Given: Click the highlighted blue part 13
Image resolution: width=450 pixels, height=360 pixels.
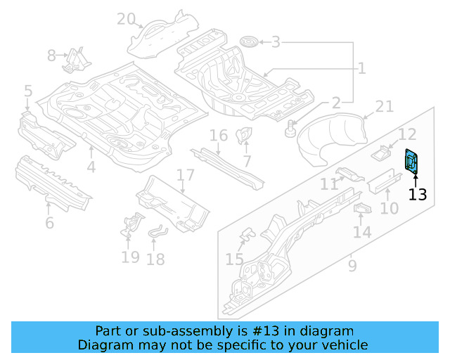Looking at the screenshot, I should (x=411, y=161).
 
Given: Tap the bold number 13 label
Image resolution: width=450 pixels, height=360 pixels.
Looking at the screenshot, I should (x=418, y=194).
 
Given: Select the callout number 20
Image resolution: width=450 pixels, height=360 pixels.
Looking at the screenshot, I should (x=126, y=19).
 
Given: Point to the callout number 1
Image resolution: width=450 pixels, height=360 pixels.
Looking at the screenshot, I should (x=361, y=68).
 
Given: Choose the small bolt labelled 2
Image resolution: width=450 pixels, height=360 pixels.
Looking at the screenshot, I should (x=290, y=129).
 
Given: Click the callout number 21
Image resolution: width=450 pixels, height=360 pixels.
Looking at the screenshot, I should (x=384, y=106).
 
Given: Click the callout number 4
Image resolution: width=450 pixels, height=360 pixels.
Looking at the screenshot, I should (x=91, y=167).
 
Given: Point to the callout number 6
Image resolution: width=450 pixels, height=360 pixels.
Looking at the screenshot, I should (x=49, y=223).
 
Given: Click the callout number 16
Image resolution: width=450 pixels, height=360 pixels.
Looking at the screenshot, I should (x=219, y=135).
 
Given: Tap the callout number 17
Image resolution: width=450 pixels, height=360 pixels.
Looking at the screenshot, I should (x=185, y=175).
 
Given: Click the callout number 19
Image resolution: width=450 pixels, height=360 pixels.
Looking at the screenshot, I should (x=130, y=257).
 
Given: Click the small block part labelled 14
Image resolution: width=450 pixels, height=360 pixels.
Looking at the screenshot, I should (x=362, y=210).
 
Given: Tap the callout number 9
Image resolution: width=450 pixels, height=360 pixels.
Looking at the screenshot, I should (x=352, y=266).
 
